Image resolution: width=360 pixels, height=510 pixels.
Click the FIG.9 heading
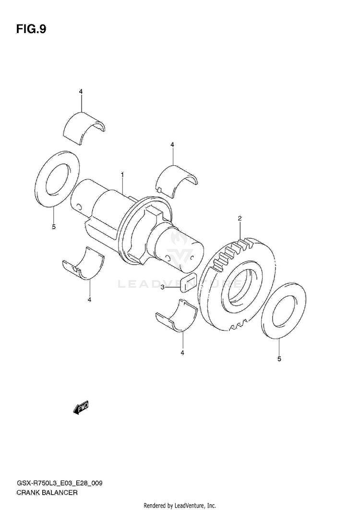(x=31, y=29)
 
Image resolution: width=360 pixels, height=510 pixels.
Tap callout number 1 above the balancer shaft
(x=122, y=175)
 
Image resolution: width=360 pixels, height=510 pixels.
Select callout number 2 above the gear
(x=239, y=219)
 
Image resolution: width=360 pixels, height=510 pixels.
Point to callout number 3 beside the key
(x=163, y=288)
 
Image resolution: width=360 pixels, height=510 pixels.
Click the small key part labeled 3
(x=187, y=283)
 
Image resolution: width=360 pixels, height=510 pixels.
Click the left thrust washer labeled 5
(x=58, y=178)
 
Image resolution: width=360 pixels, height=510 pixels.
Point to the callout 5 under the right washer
(x=280, y=359)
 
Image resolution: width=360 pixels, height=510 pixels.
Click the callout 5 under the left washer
(x=54, y=226)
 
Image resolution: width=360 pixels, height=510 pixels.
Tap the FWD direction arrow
(x=81, y=408)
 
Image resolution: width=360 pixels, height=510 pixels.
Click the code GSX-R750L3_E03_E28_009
(x=59, y=483)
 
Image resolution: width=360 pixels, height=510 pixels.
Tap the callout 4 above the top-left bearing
(x=81, y=91)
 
